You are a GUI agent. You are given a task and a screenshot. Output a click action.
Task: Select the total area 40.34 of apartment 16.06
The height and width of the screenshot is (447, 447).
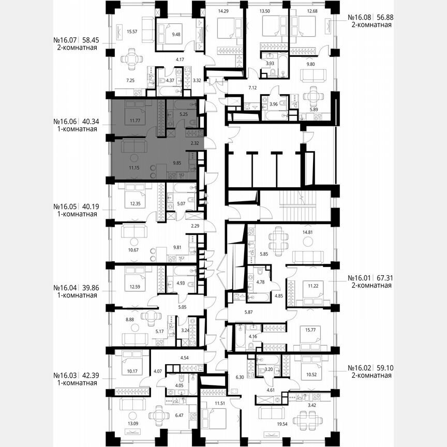click(x=90, y=123)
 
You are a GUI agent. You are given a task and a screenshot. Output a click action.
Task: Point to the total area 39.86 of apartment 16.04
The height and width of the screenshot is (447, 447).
click(x=90, y=288)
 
